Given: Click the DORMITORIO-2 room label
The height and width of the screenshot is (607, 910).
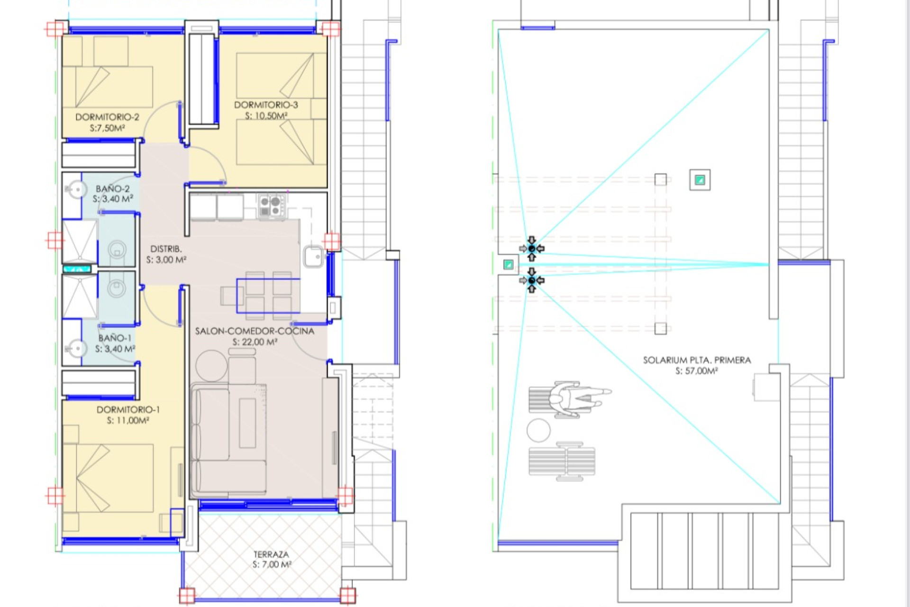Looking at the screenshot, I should click(x=107, y=117).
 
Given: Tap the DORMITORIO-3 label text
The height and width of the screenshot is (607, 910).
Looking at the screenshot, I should click(x=266, y=105).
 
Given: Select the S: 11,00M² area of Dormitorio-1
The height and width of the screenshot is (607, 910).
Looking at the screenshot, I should click(x=128, y=420).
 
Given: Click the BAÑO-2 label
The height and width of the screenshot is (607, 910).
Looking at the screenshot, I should click(x=112, y=189).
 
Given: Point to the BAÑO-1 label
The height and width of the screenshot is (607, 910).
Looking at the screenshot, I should click(x=115, y=338).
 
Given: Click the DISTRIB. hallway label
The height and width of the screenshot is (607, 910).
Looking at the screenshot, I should click(x=166, y=249).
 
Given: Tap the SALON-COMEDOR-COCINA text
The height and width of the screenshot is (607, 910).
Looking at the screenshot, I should click(x=255, y=331).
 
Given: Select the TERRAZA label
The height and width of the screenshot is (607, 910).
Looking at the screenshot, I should click(x=271, y=554).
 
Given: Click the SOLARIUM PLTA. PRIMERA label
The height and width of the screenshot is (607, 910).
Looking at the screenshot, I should click(x=697, y=360).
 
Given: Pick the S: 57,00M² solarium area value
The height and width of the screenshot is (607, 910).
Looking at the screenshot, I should click(x=696, y=371).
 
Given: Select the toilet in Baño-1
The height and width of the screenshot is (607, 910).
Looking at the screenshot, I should click(x=117, y=287).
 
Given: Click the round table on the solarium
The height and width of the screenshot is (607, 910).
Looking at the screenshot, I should click(x=538, y=431).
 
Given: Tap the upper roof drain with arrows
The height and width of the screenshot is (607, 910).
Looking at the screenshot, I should click(x=532, y=248).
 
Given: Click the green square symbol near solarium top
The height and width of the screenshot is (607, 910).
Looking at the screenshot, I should click(x=700, y=180).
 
